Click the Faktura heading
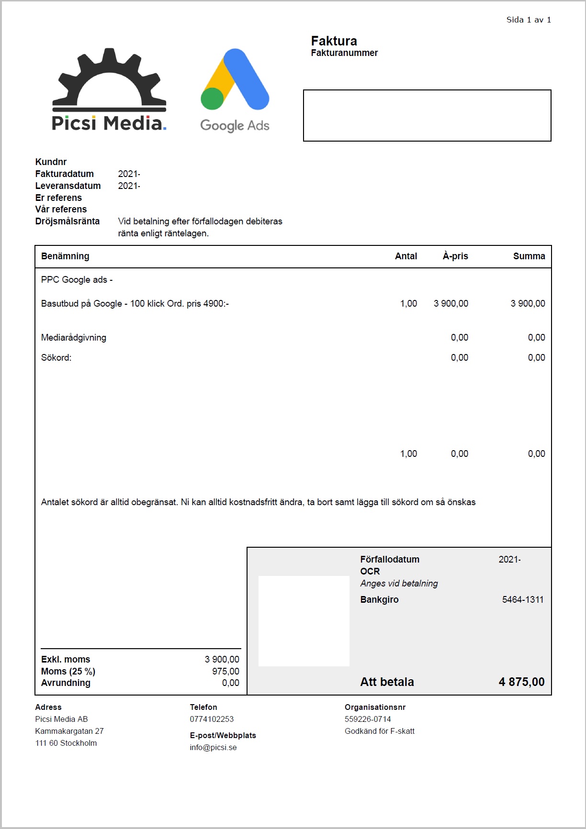(x=334, y=41)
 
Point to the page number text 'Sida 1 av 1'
(x=529, y=20)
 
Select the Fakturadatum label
(x=65, y=174)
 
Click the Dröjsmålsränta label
(x=68, y=221)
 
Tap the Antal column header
(x=406, y=256)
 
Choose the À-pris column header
(x=455, y=256)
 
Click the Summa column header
(x=529, y=256)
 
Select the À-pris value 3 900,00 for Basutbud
(x=451, y=303)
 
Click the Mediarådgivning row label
(x=74, y=337)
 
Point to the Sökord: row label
(x=56, y=357)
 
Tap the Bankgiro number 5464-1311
(x=523, y=599)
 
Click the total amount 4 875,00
(x=521, y=682)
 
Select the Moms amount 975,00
(x=225, y=671)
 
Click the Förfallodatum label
(x=390, y=559)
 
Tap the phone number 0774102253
(x=212, y=719)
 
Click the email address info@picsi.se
(x=213, y=747)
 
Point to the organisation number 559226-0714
(x=368, y=719)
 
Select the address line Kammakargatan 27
(x=69, y=731)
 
